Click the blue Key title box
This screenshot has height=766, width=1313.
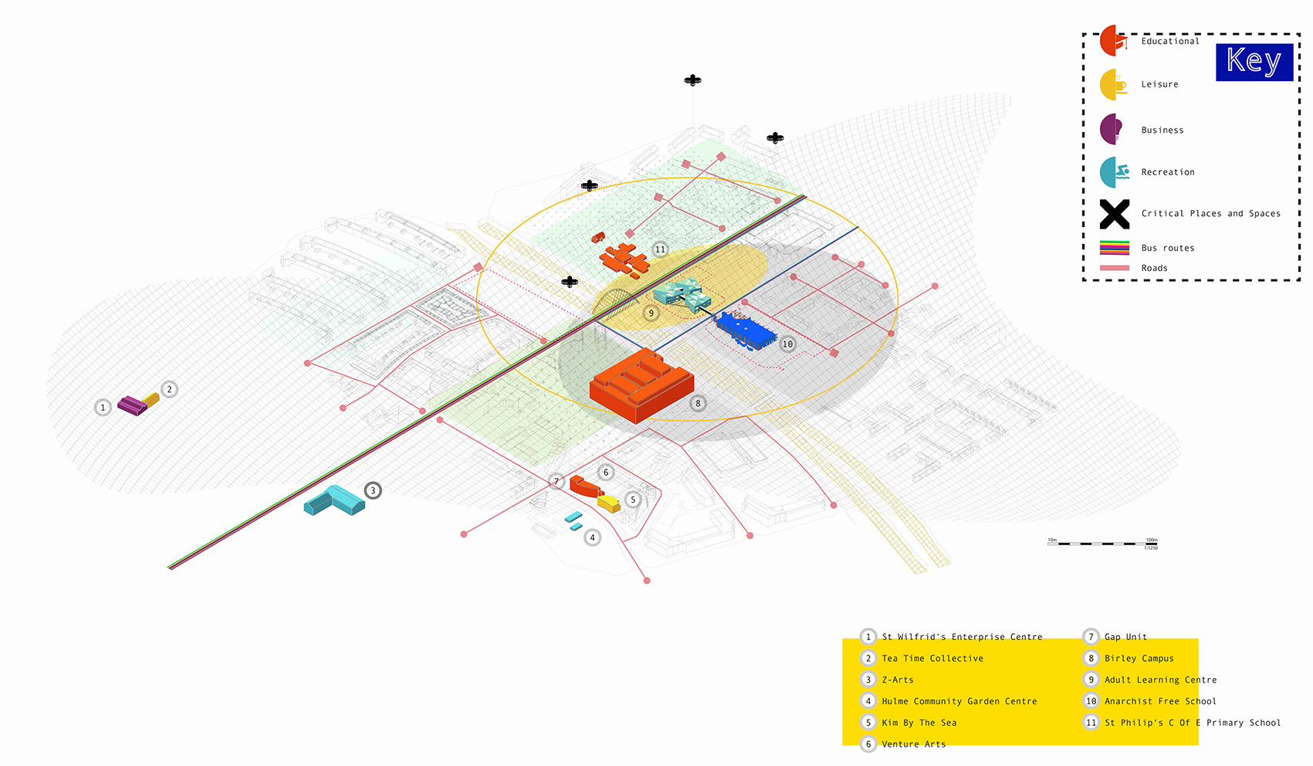click(1254, 62)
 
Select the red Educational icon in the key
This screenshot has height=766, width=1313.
click(1112, 41)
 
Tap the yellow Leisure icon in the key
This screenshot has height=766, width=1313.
click(1111, 85)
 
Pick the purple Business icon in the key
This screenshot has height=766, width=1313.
click(1111, 129)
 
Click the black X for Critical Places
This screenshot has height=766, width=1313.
click(1114, 214)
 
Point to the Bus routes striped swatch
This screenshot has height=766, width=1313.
click(1114, 248)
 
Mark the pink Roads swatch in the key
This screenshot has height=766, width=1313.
click(1114, 268)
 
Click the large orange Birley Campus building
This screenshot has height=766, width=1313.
click(641, 385)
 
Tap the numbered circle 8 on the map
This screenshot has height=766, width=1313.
click(698, 403)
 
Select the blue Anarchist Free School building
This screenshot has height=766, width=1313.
click(745, 330)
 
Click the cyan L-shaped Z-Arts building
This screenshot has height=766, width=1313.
click(335, 500)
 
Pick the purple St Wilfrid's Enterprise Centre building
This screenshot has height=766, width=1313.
click(132, 405)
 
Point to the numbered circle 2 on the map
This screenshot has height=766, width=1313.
click(169, 389)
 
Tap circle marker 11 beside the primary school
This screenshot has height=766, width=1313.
click(660, 249)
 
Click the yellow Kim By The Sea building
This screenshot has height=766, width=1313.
click(609, 503)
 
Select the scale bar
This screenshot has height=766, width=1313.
click(1101, 543)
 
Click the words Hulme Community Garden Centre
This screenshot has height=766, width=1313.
click(959, 701)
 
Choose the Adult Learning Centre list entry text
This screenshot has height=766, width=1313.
click(1160, 680)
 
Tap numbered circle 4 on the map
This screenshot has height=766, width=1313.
click(592, 537)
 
